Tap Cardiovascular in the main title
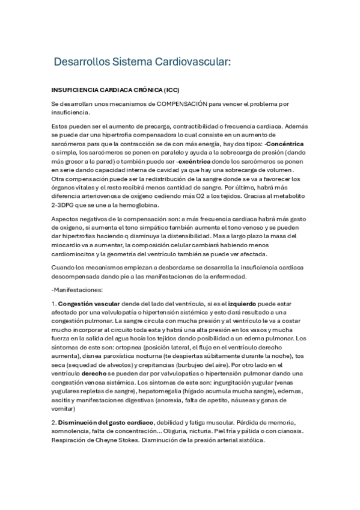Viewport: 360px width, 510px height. [195, 61]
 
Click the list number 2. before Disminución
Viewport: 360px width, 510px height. [53, 422]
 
